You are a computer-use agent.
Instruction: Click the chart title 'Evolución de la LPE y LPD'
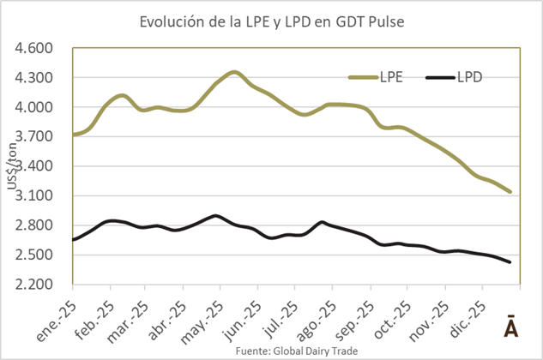pyautogui.click(x=271, y=21)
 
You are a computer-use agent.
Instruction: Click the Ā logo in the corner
pyautogui.click(x=509, y=327)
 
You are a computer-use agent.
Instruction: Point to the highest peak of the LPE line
pyautogui.click(x=234, y=72)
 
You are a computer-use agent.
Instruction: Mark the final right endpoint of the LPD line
pyautogui.click(x=510, y=262)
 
